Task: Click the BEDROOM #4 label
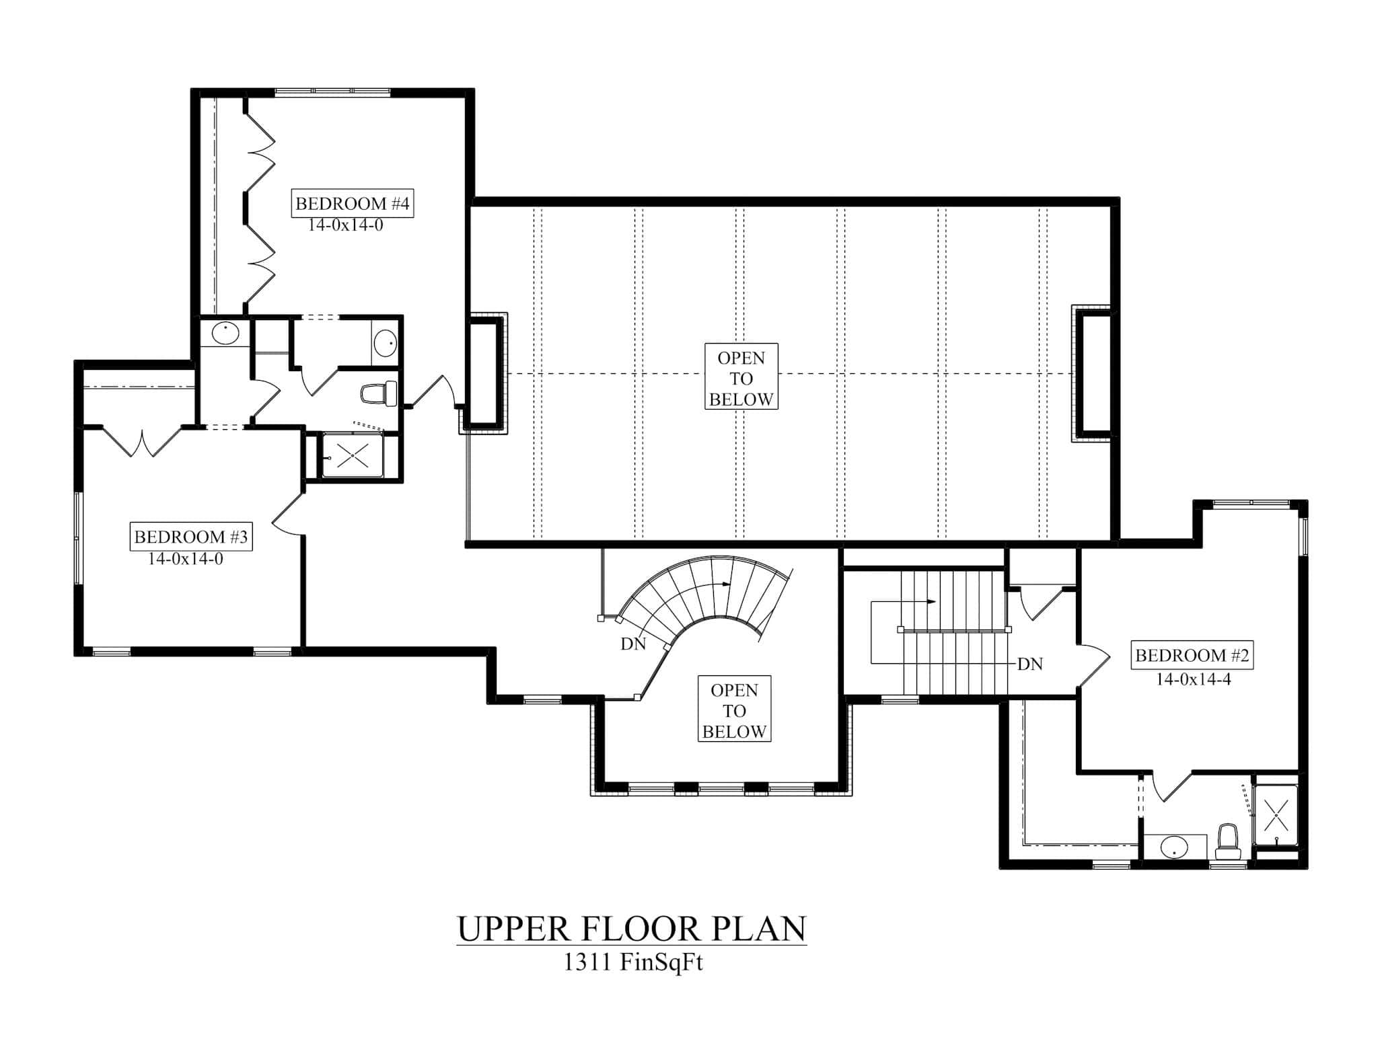point(352,203)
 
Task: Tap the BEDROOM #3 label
point(190,537)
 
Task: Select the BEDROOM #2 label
point(1192,655)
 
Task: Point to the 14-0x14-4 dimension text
point(1193,679)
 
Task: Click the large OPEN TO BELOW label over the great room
point(741,378)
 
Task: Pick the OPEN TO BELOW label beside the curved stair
point(734,710)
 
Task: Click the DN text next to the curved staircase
point(633,644)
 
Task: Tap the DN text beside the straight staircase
point(1029,664)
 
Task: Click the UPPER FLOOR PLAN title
point(631,929)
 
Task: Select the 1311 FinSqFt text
point(632,963)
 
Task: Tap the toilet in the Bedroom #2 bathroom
point(1228,840)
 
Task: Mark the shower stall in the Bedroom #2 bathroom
point(1276,814)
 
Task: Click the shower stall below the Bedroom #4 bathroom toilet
point(353,456)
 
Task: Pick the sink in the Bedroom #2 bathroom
point(1175,847)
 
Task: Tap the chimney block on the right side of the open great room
point(1095,374)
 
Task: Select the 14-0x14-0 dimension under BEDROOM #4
point(345,225)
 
